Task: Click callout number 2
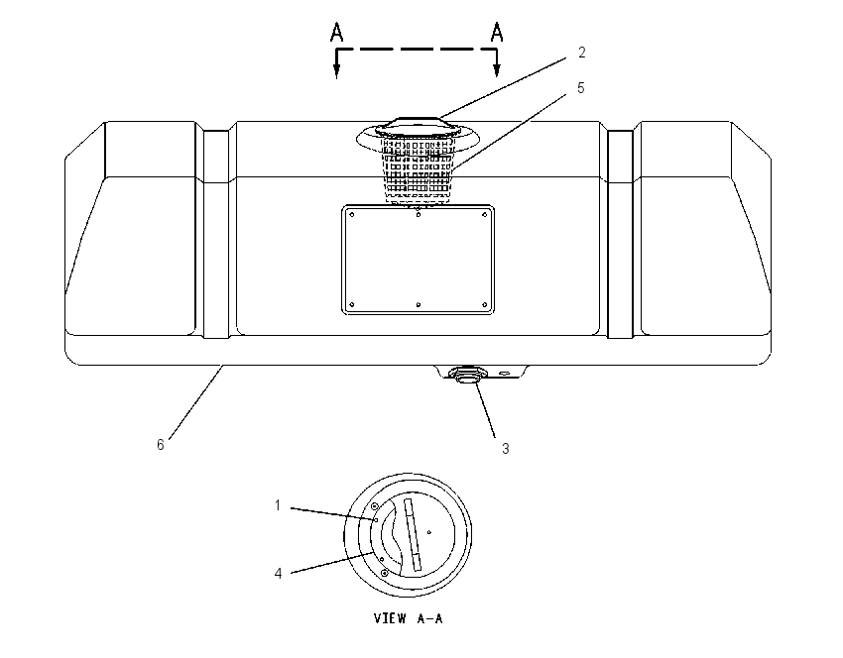click(582, 53)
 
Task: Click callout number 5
click(580, 88)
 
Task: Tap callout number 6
click(161, 445)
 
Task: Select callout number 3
click(506, 449)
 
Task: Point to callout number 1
click(278, 505)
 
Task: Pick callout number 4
click(278, 574)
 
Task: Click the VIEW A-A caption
click(408, 618)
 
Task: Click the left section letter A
click(336, 33)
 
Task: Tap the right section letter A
click(497, 33)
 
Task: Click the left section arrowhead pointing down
click(336, 70)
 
